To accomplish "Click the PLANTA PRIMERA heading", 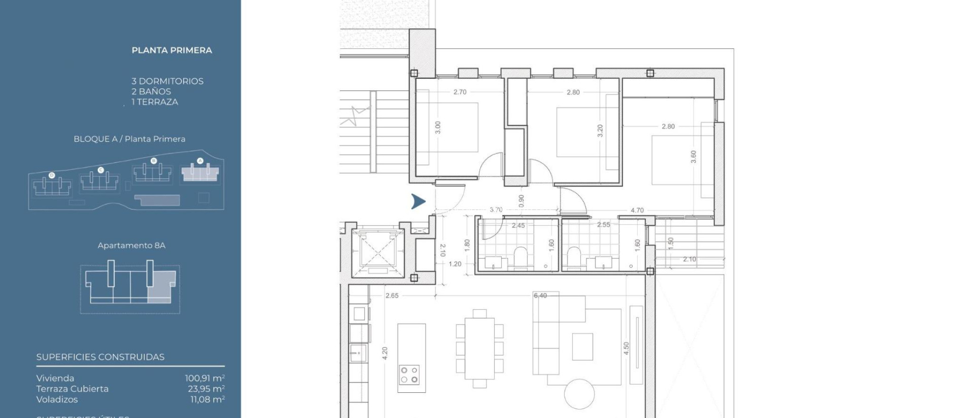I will [172, 50].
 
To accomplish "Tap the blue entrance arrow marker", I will [418, 201].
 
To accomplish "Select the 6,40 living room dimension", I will [540, 295].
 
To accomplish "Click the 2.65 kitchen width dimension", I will [392, 295].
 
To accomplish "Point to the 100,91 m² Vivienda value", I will [205, 379].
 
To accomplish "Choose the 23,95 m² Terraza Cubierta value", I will [206, 389].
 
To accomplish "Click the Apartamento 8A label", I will [131, 246].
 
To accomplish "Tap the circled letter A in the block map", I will [200, 161].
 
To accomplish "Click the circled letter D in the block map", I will [52, 175].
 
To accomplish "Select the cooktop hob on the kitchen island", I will [409, 375].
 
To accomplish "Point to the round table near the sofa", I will [579, 393].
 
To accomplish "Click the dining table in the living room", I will [479, 348].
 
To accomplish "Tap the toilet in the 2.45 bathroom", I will [521, 257].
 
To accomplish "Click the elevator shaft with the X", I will [377, 252].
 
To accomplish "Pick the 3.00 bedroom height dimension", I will [438, 127].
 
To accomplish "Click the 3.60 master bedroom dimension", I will [693, 157].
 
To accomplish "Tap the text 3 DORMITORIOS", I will [167, 81].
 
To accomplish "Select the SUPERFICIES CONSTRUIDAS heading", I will [100, 357].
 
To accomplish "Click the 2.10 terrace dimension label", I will [689, 259].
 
